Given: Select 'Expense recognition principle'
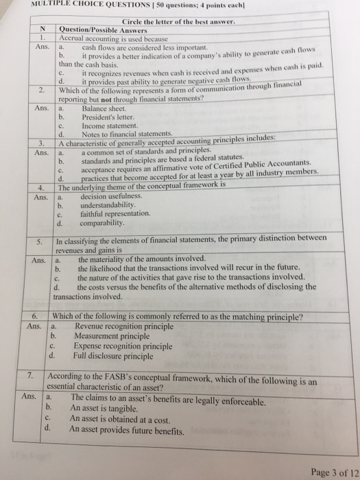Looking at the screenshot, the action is [123, 346].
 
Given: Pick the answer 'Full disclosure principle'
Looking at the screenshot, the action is [113, 356].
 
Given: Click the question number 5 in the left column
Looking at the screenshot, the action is [40, 241].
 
